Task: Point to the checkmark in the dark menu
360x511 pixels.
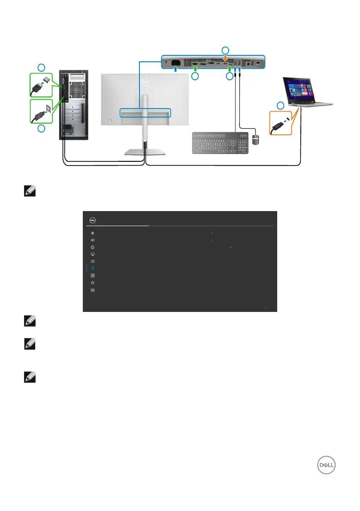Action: pyautogui.click(x=231, y=248)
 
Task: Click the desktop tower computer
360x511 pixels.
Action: pyautogui.click(x=73, y=105)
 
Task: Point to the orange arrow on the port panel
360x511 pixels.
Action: pyautogui.click(x=226, y=59)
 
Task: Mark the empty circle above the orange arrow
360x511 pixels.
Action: pyautogui.click(x=226, y=50)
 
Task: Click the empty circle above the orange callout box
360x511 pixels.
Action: pyautogui.click(x=280, y=106)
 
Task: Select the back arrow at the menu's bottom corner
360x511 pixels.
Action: pyautogui.click(x=265, y=308)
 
